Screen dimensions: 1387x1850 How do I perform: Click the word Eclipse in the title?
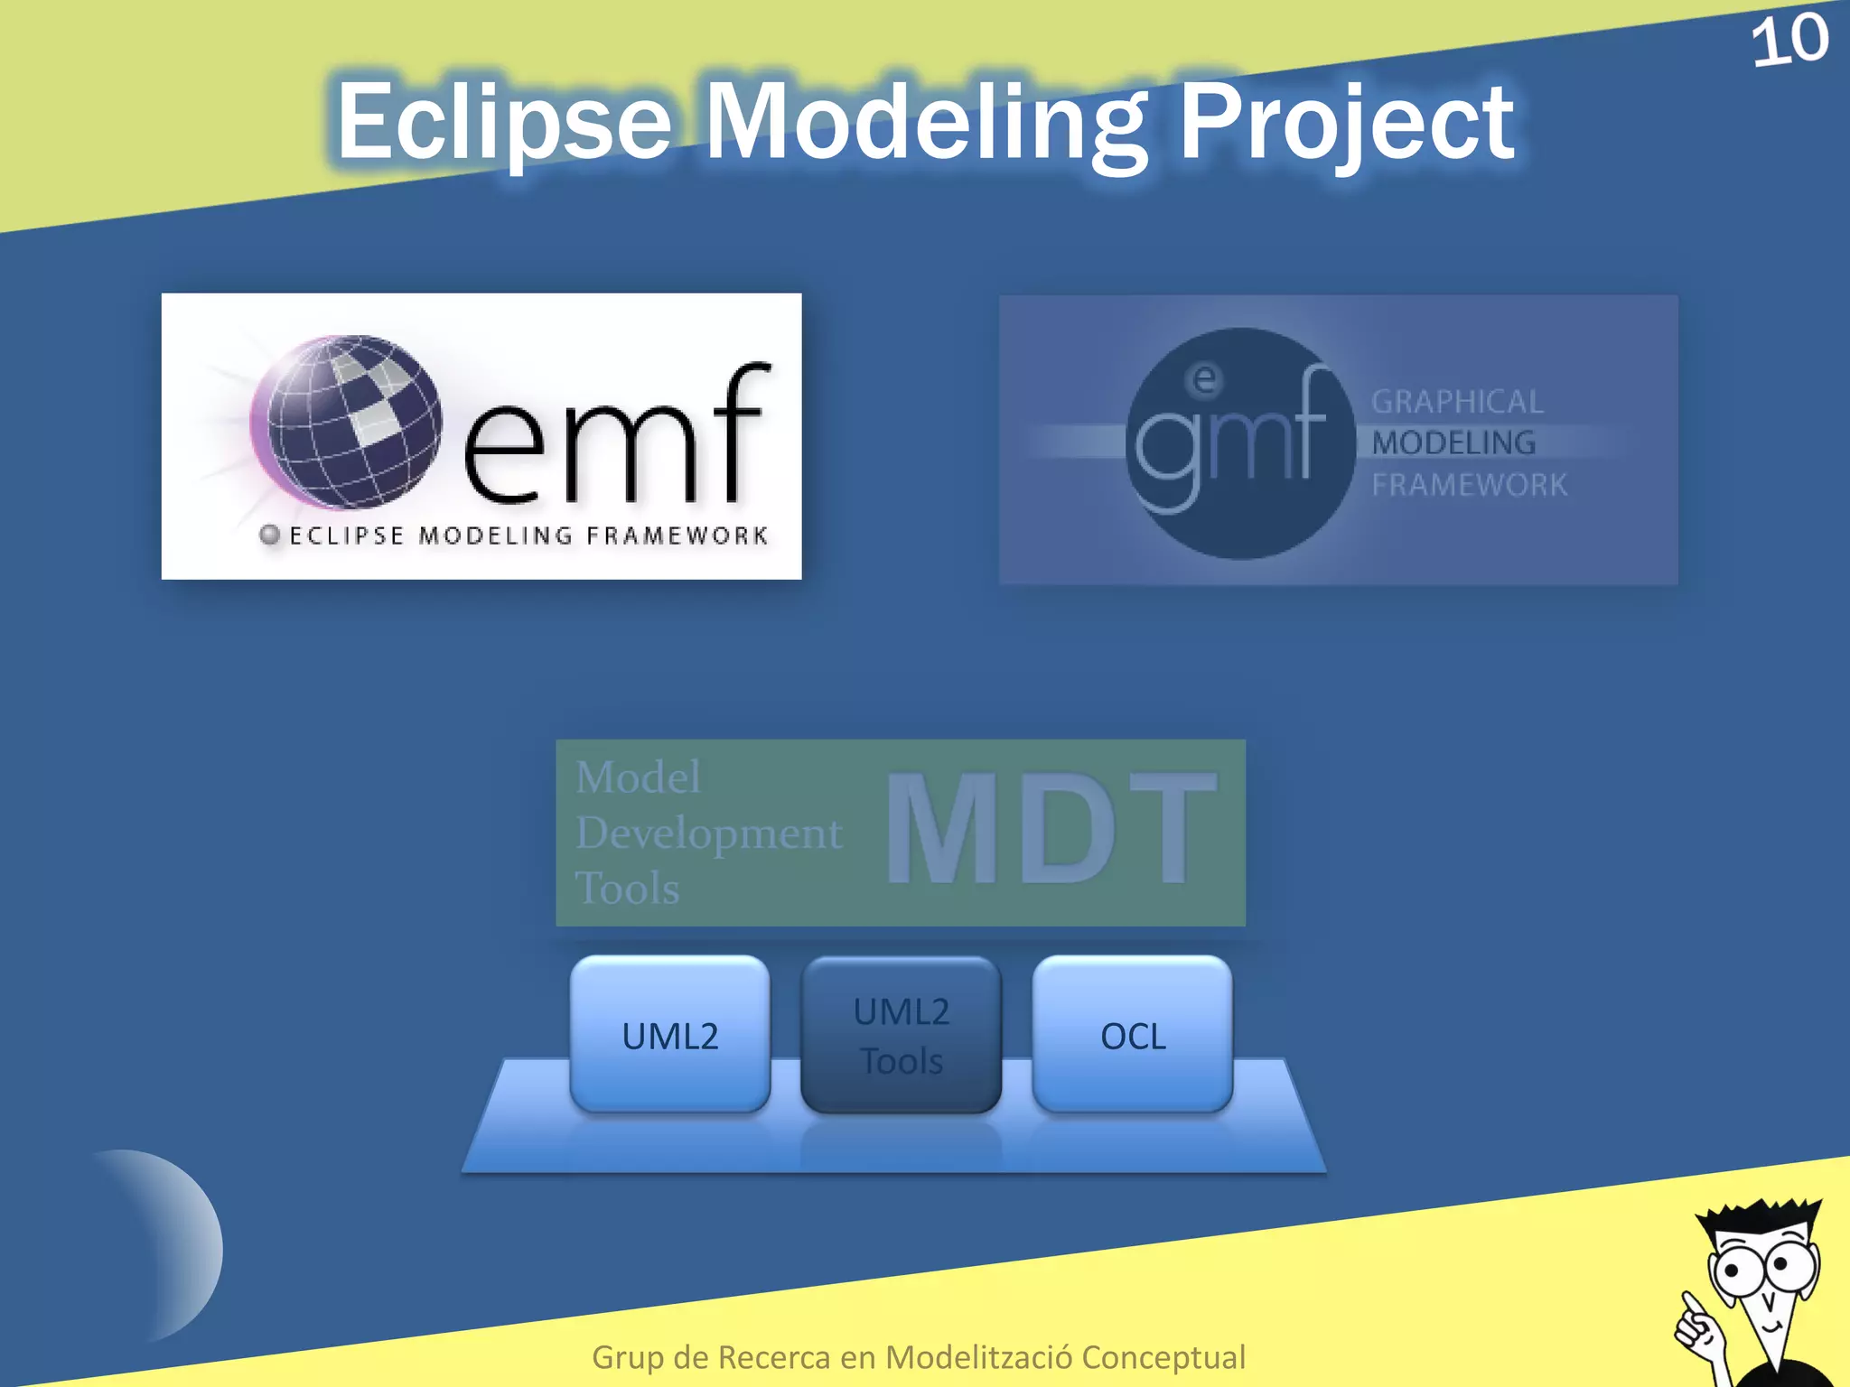(504, 121)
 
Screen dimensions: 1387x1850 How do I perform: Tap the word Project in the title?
(1346, 123)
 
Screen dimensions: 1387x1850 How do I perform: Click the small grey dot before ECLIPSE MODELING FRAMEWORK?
(269, 535)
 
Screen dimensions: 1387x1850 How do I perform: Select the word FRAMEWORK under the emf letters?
(677, 535)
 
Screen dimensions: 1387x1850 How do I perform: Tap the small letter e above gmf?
(1203, 379)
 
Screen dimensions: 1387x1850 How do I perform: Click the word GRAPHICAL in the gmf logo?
(1457, 402)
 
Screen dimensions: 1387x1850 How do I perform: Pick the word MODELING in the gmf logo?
(1453, 443)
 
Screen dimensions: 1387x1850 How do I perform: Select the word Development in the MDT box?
(708, 833)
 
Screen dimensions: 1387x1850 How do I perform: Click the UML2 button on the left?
(670, 1036)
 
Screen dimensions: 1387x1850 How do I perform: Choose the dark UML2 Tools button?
(901, 1036)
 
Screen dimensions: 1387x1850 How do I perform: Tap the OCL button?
(1133, 1036)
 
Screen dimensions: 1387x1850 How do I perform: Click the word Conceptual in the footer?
(1163, 1357)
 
